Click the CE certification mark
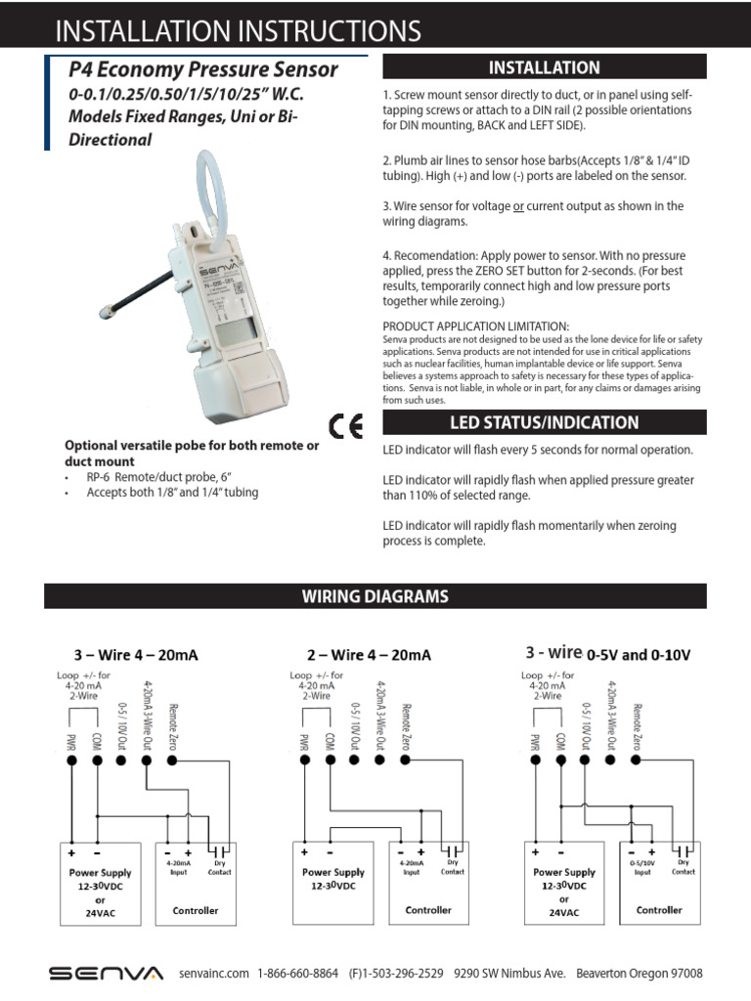point(347,427)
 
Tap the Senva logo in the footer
point(107,973)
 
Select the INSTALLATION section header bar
point(544,67)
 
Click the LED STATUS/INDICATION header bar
point(544,422)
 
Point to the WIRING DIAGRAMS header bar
point(375,596)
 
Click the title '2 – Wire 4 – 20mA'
point(369,655)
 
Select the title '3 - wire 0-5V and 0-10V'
point(607,654)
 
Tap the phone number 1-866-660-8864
point(298,974)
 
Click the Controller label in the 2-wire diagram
point(428,910)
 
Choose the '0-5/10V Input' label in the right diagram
point(642,868)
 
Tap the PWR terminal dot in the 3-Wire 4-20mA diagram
point(71,761)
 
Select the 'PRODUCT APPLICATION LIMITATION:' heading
point(475,326)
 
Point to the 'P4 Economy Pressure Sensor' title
point(203,70)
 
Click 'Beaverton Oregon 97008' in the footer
point(640,974)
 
